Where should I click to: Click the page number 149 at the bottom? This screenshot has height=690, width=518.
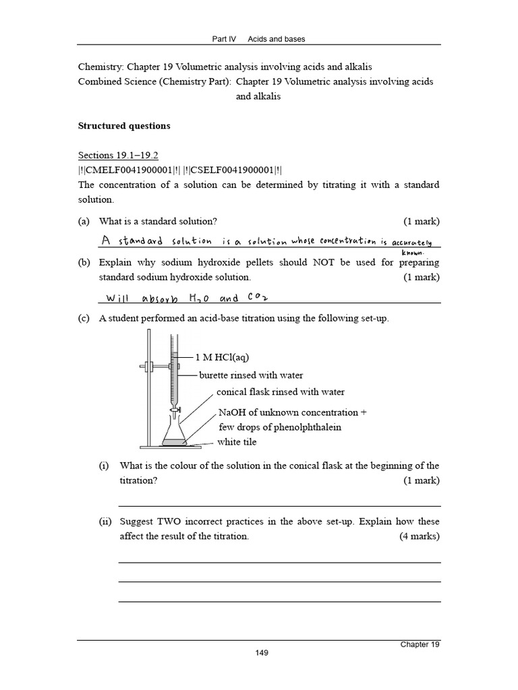pos(262,653)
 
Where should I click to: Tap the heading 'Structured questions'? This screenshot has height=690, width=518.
pos(124,126)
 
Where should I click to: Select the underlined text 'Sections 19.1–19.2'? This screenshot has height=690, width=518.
pos(118,155)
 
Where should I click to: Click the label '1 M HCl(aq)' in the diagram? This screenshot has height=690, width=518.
pos(226,357)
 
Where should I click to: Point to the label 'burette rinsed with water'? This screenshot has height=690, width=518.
pos(251,375)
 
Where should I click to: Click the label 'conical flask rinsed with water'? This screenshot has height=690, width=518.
pos(281,392)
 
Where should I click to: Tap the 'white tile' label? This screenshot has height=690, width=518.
pos(237,442)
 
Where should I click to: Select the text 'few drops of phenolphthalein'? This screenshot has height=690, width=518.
pos(280,427)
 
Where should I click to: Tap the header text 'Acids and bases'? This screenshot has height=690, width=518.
pos(277,39)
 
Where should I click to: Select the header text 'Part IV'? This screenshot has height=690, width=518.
pos(225,39)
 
